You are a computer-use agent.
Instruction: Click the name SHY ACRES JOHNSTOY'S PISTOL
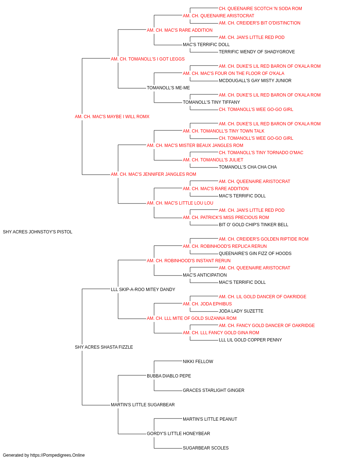point(37,232)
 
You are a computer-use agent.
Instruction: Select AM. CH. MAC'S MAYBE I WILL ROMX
point(112,117)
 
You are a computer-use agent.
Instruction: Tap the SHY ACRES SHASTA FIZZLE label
point(104,347)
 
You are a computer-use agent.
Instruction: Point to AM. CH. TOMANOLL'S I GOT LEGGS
point(148,59)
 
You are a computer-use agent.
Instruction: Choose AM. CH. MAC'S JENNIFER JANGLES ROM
point(153,174)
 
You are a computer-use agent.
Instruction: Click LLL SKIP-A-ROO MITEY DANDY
point(143,289)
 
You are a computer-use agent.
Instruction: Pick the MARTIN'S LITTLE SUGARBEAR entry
point(143,404)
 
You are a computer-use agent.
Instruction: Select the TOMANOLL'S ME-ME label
point(168,88)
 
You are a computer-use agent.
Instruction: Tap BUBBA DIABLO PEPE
point(169,376)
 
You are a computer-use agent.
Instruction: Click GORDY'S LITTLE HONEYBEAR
point(178,433)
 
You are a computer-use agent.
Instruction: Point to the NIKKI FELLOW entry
point(198,362)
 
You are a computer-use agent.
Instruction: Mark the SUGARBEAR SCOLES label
point(206,448)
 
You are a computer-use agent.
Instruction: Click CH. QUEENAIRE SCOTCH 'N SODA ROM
point(260,9)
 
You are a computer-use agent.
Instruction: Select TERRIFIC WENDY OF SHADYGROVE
point(257,52)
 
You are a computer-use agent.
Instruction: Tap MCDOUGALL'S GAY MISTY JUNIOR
point(255,81)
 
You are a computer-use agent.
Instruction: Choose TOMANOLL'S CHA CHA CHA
point(248,167)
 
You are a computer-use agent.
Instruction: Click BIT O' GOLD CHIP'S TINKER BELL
point(253,225)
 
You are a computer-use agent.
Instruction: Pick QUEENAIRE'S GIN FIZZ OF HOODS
point(255,253)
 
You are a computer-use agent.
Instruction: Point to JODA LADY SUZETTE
point(241,311)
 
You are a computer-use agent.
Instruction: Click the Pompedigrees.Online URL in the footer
point(58,455)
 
